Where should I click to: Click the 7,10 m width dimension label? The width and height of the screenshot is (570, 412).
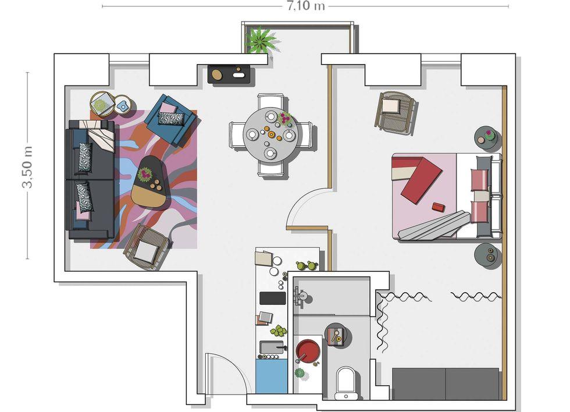pyautogui.click(x=306, y=6)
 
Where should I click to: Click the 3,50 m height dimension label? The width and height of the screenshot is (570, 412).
pyautogui.click(x=28, y=167)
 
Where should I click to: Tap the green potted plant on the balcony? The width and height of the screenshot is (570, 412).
pyautogui.click(x=261, y=39)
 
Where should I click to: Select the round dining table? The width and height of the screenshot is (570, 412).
pyautogui.click(x=271, y=135)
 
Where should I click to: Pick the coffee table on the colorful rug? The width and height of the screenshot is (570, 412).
pyautogui.click(x=149, y=181)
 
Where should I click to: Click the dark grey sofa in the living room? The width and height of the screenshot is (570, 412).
pyautogui.click(x=91, y=180)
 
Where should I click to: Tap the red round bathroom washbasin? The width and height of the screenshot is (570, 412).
pyautogui.click(x=308, y=350)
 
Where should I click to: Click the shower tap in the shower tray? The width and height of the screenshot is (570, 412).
pyautogui.click(x=300, y=296)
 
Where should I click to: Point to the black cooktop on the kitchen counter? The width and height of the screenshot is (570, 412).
pyautogui.click(x=273, y=298)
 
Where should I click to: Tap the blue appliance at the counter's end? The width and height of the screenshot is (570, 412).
pyautogui.click(x=272, y=376)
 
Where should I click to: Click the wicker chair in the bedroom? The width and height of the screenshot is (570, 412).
pyautogui.click(x=395, y=111)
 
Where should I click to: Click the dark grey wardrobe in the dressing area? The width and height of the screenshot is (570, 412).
pyautogui.click(x=446, y=383)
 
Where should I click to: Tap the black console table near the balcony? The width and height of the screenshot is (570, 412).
pyautogui.click(x=230, y=74)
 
